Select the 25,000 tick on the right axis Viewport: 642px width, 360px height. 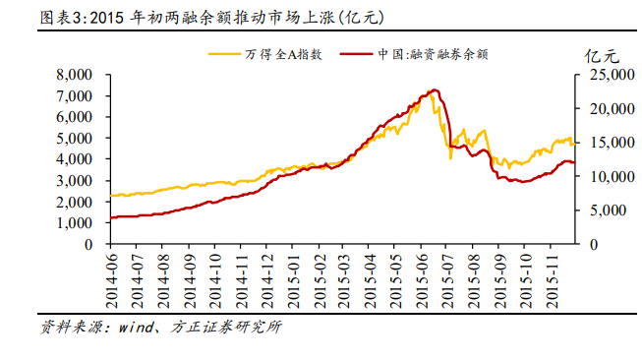pos(601,74)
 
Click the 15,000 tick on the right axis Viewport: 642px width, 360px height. pos(601,142)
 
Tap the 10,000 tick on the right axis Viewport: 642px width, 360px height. pos(601,176)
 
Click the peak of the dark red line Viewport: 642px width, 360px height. pos(434,90)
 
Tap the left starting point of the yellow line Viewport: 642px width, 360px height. pos(111,196)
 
